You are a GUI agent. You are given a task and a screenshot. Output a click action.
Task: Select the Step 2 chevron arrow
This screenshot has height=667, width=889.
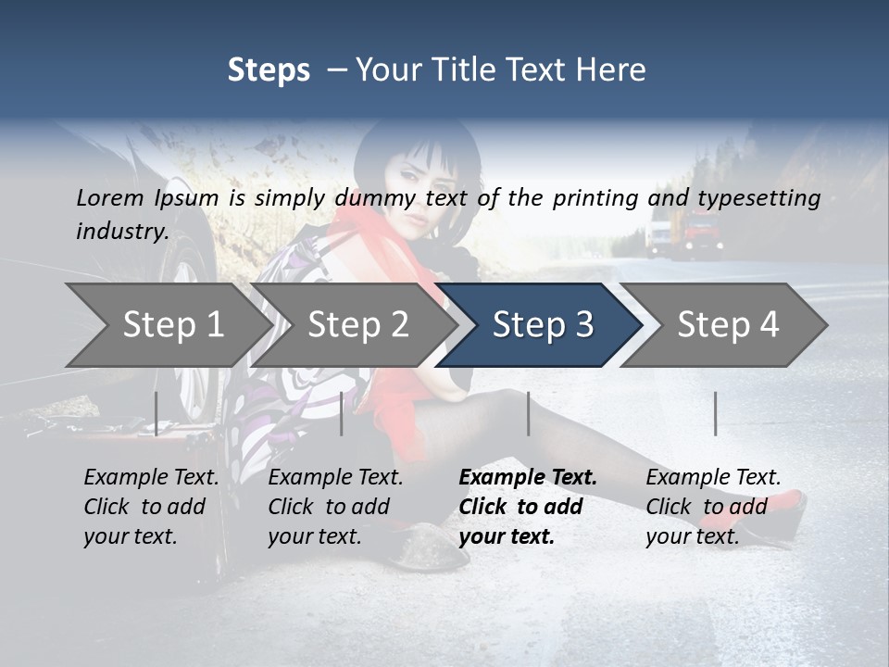[x=357, y=324]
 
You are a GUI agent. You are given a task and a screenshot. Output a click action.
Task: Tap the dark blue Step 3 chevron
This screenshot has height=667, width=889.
[x=542, y=324]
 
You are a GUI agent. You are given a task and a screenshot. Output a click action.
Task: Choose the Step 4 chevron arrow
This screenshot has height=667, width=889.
[x=727, y=324]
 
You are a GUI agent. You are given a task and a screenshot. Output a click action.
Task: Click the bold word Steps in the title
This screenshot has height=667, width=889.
[x=269, y=69]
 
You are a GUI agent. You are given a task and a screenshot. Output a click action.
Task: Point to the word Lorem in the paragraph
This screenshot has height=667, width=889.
[x=110, y=197]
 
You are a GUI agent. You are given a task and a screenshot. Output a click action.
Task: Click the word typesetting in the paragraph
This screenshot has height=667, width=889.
[x=758, y=198]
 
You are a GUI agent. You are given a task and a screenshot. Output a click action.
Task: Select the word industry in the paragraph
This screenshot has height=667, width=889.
[x=121, y=231]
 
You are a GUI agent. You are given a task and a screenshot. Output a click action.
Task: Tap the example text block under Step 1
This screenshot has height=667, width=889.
[x=151, y=507]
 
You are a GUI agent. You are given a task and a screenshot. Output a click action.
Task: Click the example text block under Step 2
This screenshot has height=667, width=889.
[x=335, y=507]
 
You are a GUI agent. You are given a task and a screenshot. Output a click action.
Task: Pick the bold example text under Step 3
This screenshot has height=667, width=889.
[x=528, y=507]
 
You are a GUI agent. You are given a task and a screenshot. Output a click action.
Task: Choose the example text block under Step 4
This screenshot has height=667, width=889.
[x=713, y=507]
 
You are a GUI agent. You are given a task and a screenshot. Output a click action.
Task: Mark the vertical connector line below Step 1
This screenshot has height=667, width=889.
[x=157, y=413]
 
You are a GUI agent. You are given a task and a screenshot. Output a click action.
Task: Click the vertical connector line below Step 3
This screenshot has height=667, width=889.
[x=529, y=413]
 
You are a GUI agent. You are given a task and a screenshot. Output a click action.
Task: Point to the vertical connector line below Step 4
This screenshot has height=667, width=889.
[x=716, y=413]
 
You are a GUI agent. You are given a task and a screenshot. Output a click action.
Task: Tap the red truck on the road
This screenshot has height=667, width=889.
[x=699, y=232]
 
